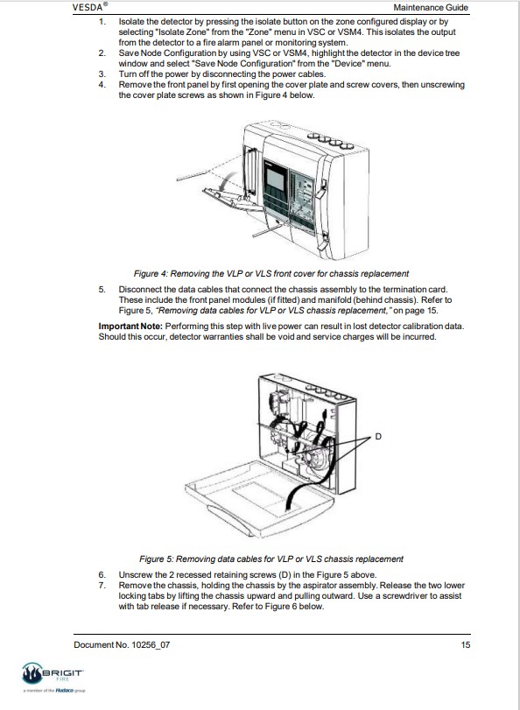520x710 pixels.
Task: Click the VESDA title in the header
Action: tap(90, 7)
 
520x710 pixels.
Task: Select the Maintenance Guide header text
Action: tap(431, 7)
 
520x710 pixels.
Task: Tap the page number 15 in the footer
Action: tap(466, 645)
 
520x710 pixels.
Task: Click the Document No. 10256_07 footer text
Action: tap(122, 645)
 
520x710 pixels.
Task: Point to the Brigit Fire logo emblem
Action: tap(32, 673)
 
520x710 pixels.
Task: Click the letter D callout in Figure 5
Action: tap(378, 437)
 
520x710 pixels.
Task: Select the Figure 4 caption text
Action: tap(271, 274)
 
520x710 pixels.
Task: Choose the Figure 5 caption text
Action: tap(271, 559)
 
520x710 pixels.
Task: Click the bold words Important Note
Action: tap(130, 327)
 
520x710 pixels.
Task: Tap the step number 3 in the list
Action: tap(102, 74)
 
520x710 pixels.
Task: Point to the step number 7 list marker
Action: tap(102, 586)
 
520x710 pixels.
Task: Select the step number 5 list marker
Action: tap(102, 290)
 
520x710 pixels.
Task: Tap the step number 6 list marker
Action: tap(102, 575)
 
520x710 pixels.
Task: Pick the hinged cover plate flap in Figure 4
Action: tap(232, 200)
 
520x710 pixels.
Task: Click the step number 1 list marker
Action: tap(102, 22)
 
